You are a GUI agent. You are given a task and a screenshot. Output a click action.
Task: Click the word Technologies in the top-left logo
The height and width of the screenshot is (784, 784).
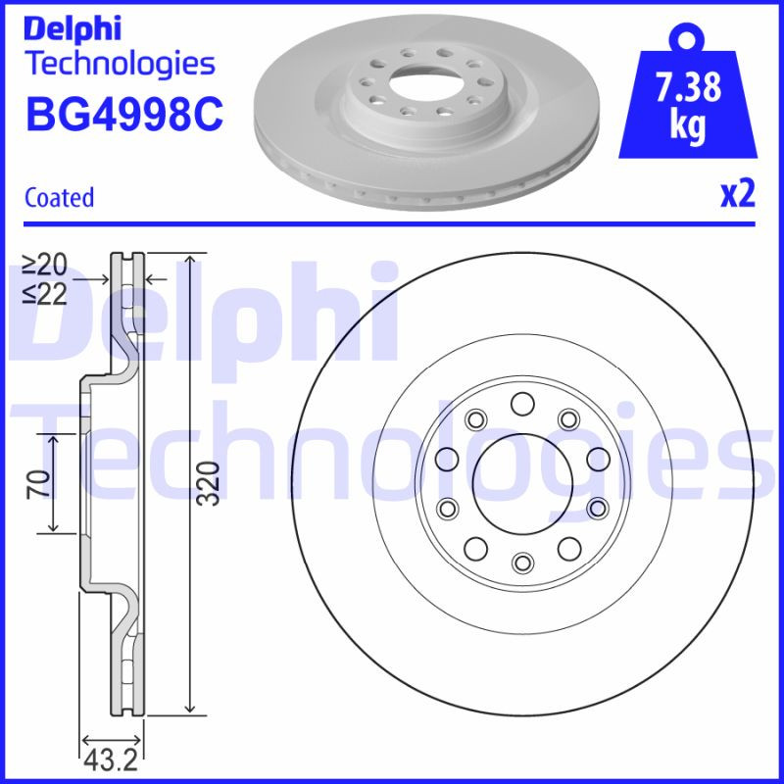119,64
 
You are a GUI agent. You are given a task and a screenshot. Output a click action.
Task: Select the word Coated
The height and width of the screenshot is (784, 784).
59,197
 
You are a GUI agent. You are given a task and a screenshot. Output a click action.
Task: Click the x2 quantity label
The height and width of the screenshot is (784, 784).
738,195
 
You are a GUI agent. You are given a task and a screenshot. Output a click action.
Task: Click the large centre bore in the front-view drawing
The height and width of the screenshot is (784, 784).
521,480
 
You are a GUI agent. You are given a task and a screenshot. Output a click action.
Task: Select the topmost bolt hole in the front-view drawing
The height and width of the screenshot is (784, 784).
521,402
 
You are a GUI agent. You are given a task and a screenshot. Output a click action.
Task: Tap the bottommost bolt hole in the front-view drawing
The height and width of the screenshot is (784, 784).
521,561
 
